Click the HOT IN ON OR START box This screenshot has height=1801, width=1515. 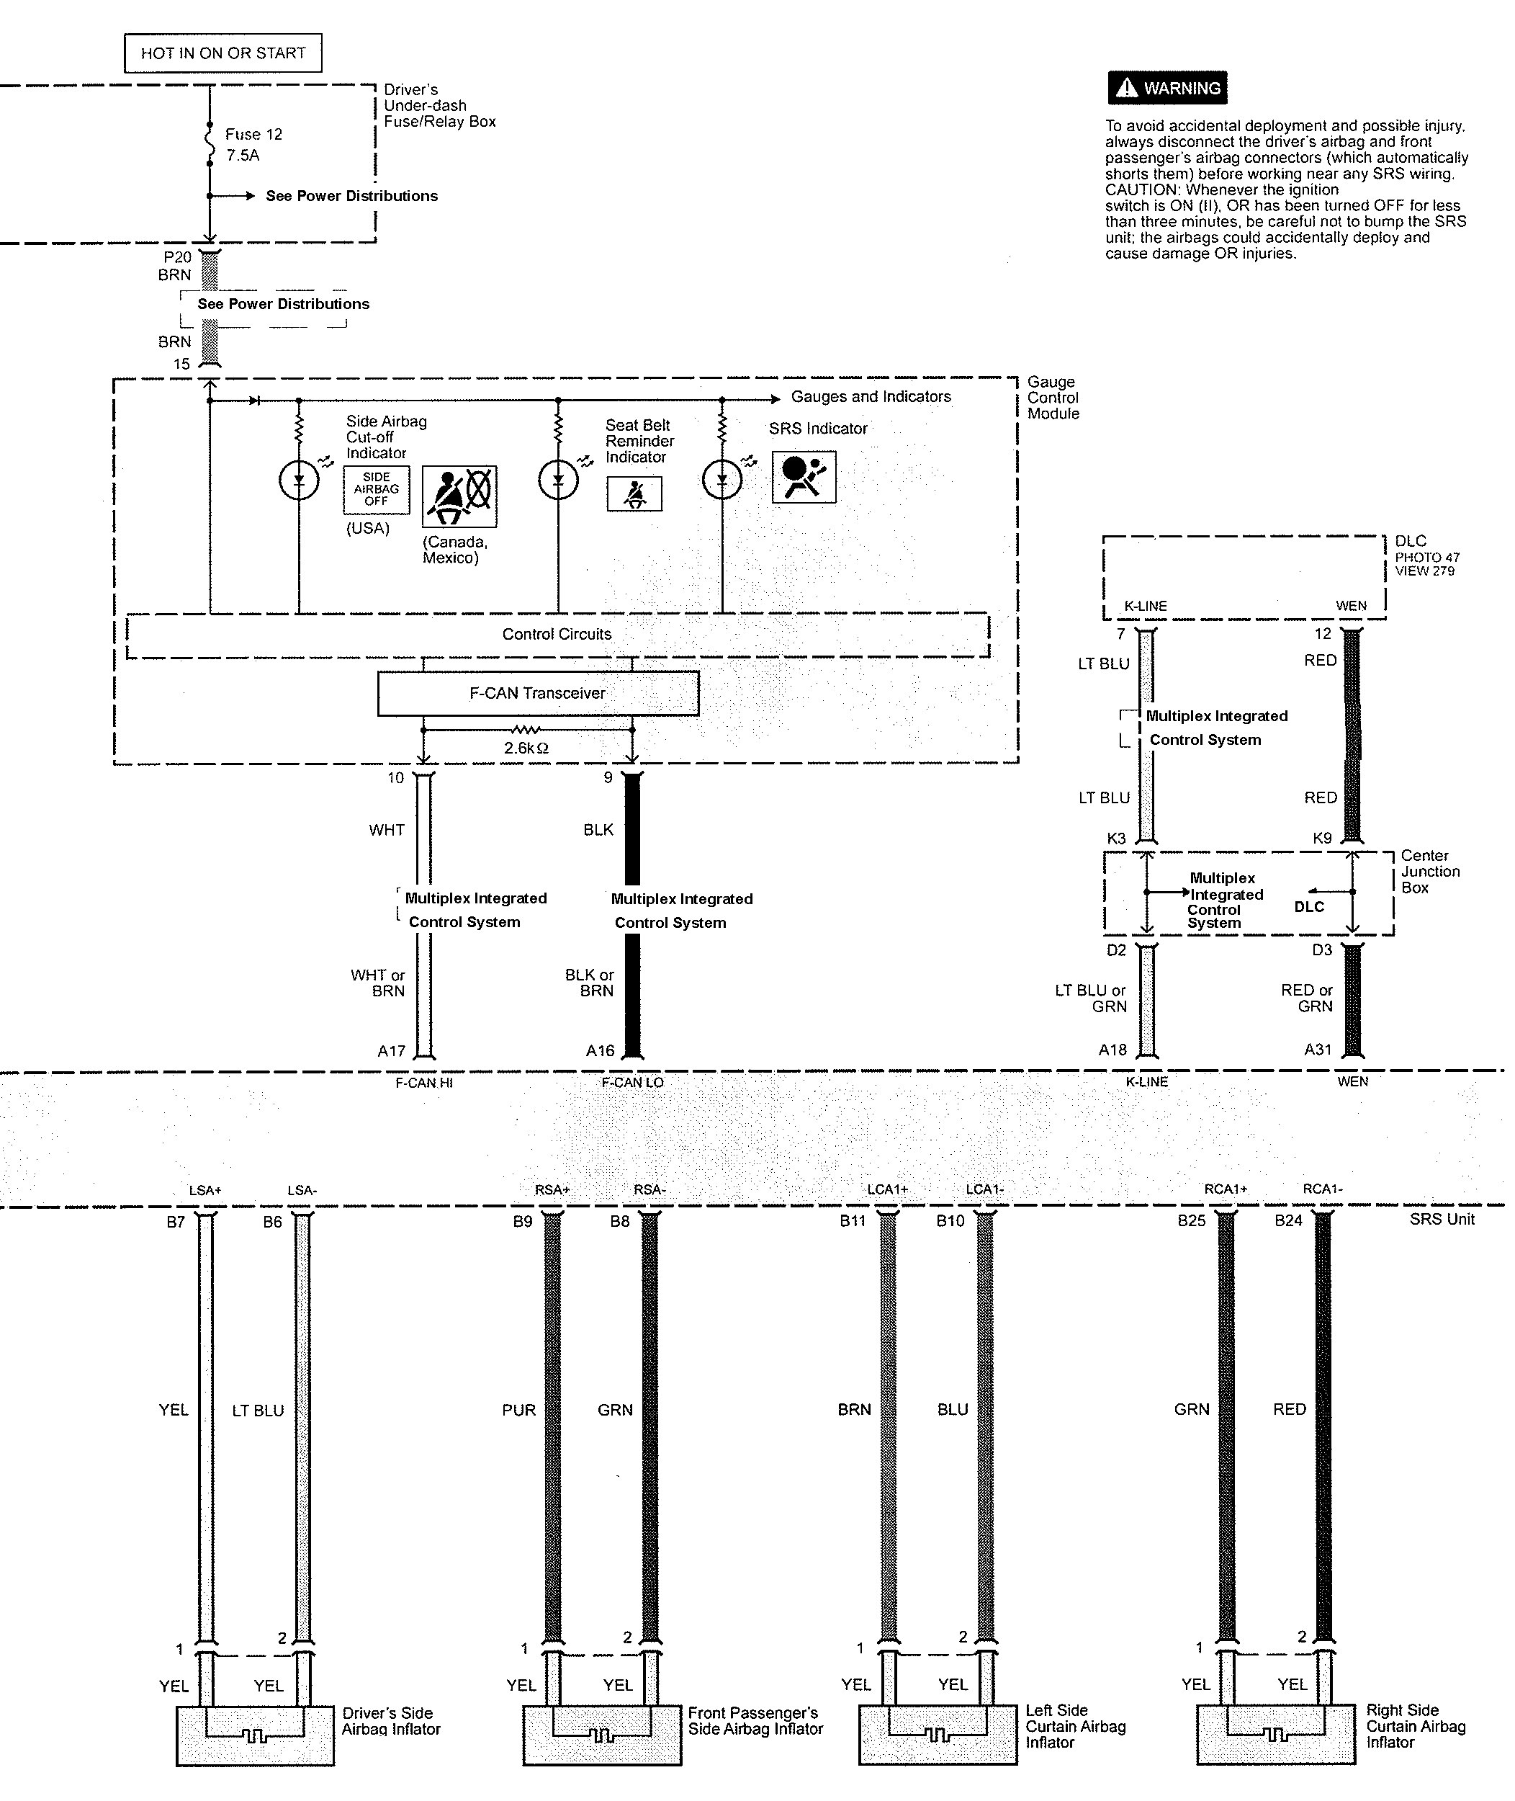coord(222,53)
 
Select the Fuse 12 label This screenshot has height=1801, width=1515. coord(253,135)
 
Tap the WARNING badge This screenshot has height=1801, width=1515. coord(1167,89)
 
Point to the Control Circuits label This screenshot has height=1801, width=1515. coord(557,635)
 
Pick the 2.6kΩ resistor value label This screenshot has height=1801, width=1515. coord(526,748)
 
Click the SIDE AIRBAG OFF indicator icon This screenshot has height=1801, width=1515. coord(376,490)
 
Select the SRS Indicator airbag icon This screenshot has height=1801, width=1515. coord(804,478)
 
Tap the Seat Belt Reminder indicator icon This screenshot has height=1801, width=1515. coord(634,494)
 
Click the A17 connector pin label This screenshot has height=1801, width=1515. coord(392,1051)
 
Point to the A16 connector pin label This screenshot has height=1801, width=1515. coord(601,1051)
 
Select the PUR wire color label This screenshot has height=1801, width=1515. coord(518,1410)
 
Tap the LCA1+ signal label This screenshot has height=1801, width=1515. coord(887,1190)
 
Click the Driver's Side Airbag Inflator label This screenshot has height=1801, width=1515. coord(391,1721)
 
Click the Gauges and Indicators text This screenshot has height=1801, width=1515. coord(870,397)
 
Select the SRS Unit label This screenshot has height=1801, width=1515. coord(1441,1220)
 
